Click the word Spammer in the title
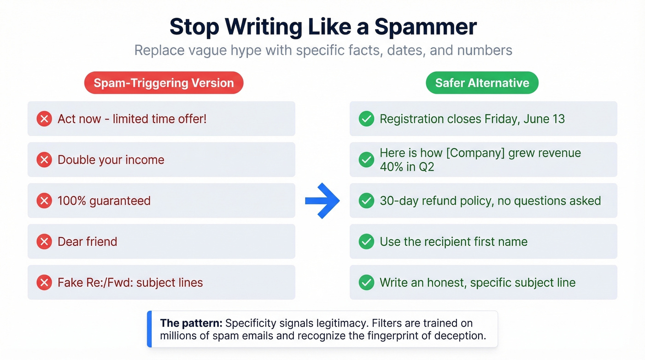(x=425, y=27)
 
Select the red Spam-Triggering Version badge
(x=164, y=83)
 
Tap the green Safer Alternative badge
(x=482, y=83)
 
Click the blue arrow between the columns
(x=322, y=201)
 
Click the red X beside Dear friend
(x=44, y=242)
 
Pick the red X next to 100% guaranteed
(x=44, y=201)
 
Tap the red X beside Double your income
(x=44, y=160)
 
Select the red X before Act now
(x=44, y=119)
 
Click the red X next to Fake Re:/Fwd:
(x=44, y=283)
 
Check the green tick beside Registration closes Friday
(x=366, y=119)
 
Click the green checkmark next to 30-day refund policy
(x=366, y=201)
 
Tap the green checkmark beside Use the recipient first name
(x=366, y=242)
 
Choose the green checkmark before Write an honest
(x=366, y=283)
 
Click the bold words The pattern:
(x=191, y=324)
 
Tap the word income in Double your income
(x=145, y=160)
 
